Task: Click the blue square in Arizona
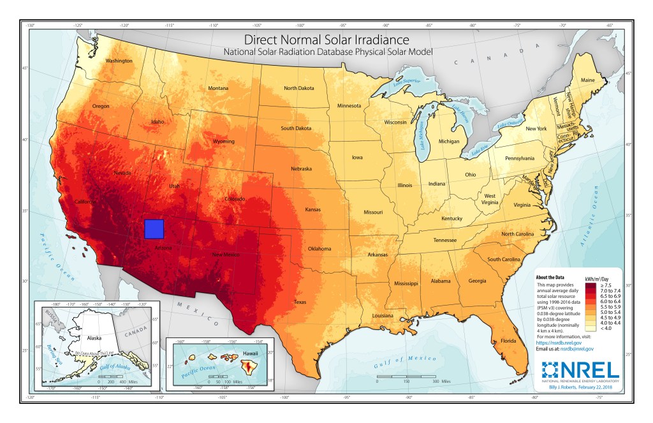tap(154, 228)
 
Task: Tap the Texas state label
tap(300, 301)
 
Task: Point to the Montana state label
tap(218, 88)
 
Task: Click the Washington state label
tap(119, 61)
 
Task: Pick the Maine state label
tap(588, 80)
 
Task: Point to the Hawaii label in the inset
tap(249, 353)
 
